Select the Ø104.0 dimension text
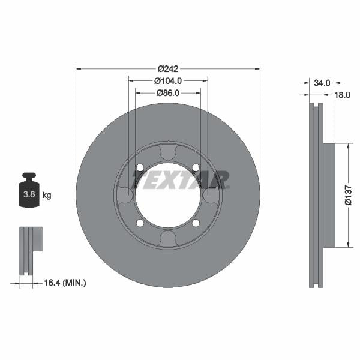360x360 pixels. pos(168,80)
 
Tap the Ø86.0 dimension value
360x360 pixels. pos(168,93)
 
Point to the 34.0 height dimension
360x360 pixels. pos(322,82)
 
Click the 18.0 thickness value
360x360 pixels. pos(342,95)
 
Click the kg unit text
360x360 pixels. pos(46,195)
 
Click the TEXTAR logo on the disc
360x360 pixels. pos(181,179)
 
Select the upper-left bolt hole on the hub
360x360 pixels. pos(140,167)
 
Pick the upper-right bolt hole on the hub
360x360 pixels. pos(196,167)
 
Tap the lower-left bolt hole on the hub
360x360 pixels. pos(140,223)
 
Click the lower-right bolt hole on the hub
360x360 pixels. pos(196,223)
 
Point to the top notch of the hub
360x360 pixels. pos(168,152)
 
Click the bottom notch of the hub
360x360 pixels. pos(168,238)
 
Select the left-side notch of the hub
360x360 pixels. pos(125,196)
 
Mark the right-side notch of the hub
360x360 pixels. pos(211,196)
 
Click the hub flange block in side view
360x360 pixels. pos(329,195)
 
